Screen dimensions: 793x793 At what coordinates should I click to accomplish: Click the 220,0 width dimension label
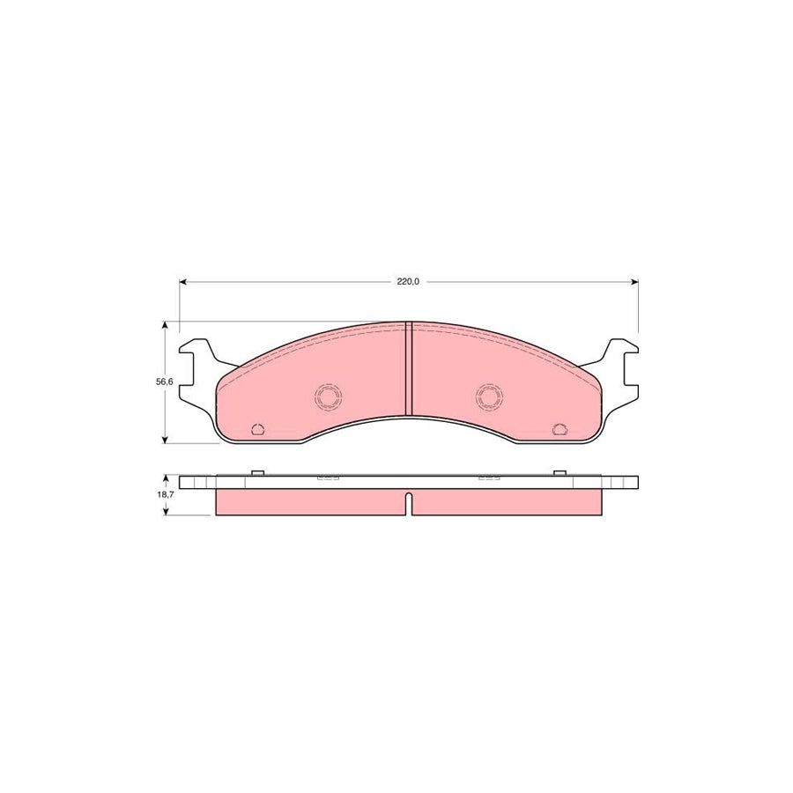pos(407,283)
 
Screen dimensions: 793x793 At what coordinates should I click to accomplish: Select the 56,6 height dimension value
pos(153,382)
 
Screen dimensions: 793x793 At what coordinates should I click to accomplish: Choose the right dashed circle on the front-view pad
pos(488,397)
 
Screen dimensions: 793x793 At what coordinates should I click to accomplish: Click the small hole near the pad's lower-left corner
pos(258,429)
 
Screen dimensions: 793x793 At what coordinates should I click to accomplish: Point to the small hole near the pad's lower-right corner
pos(558,429)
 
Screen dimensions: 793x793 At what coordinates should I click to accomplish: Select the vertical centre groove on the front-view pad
pos(408,368)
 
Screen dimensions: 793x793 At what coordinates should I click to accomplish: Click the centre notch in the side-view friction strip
pos(408,504)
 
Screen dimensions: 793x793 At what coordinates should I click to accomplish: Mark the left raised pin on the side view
pos(258,473)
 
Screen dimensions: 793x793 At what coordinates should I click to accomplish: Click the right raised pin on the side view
pos(558,473)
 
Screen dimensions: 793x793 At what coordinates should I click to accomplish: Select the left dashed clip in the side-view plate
pos(329,480)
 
